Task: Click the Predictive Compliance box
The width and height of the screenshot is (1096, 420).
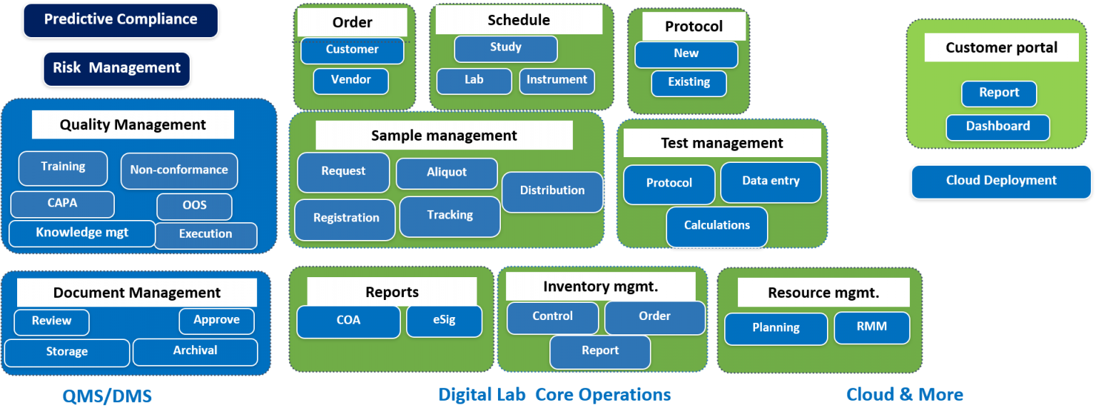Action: click(x=121, y=20)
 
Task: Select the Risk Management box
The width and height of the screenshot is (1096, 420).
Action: click(x=117, y=69)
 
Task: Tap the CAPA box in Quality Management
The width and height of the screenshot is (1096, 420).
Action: click(x=62, y=204)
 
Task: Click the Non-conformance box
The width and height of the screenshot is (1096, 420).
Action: click(x=179, y=171)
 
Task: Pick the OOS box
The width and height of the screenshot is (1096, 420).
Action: click(x=194, y=206)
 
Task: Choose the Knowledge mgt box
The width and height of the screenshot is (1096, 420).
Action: click(x=82, y=233)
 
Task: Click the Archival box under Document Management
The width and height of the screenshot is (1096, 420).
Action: click(x=195, y=351)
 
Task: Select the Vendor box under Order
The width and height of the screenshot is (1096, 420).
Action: click(x=351, y=80)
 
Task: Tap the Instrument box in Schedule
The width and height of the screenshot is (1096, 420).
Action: click(x=557, y=81)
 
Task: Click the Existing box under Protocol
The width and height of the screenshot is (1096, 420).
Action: click(x=689, y=83)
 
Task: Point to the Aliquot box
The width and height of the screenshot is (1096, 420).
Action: click(x=447, y=173)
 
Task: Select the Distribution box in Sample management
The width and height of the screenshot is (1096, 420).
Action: click(x=552, y=191)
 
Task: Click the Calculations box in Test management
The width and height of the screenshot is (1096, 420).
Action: click(x=717, y=226)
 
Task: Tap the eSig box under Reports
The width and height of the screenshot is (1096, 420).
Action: click(x=444, y=321)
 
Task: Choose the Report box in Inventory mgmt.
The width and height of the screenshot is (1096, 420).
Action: click(x=600, y=351)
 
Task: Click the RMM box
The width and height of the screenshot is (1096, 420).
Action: click(x=871, y=327)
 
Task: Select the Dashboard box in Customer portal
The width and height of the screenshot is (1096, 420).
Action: click(x=998, y=127)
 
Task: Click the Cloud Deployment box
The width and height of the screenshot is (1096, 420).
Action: click(x=1001, y=181)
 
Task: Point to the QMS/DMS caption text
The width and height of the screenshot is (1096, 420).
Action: click(x=106, y=396)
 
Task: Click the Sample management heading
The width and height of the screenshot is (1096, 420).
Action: click(x=444, y=136)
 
